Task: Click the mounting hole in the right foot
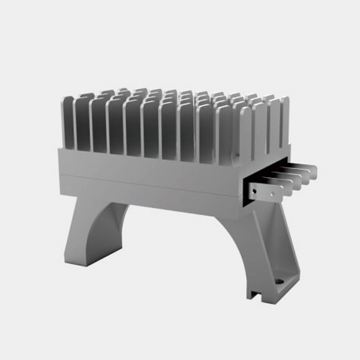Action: [x=279, y=280]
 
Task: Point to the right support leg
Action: [x=264, y=252]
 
